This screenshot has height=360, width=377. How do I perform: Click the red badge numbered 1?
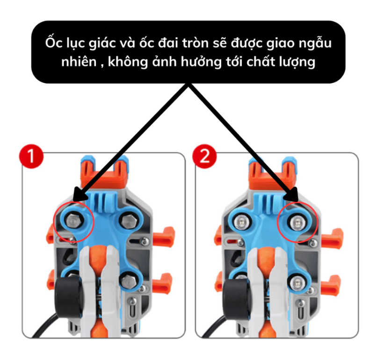(x=31, y=157)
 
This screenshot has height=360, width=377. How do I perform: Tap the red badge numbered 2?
(x=204, y=157)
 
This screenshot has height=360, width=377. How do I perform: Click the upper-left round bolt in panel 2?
(x=240, y=221)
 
